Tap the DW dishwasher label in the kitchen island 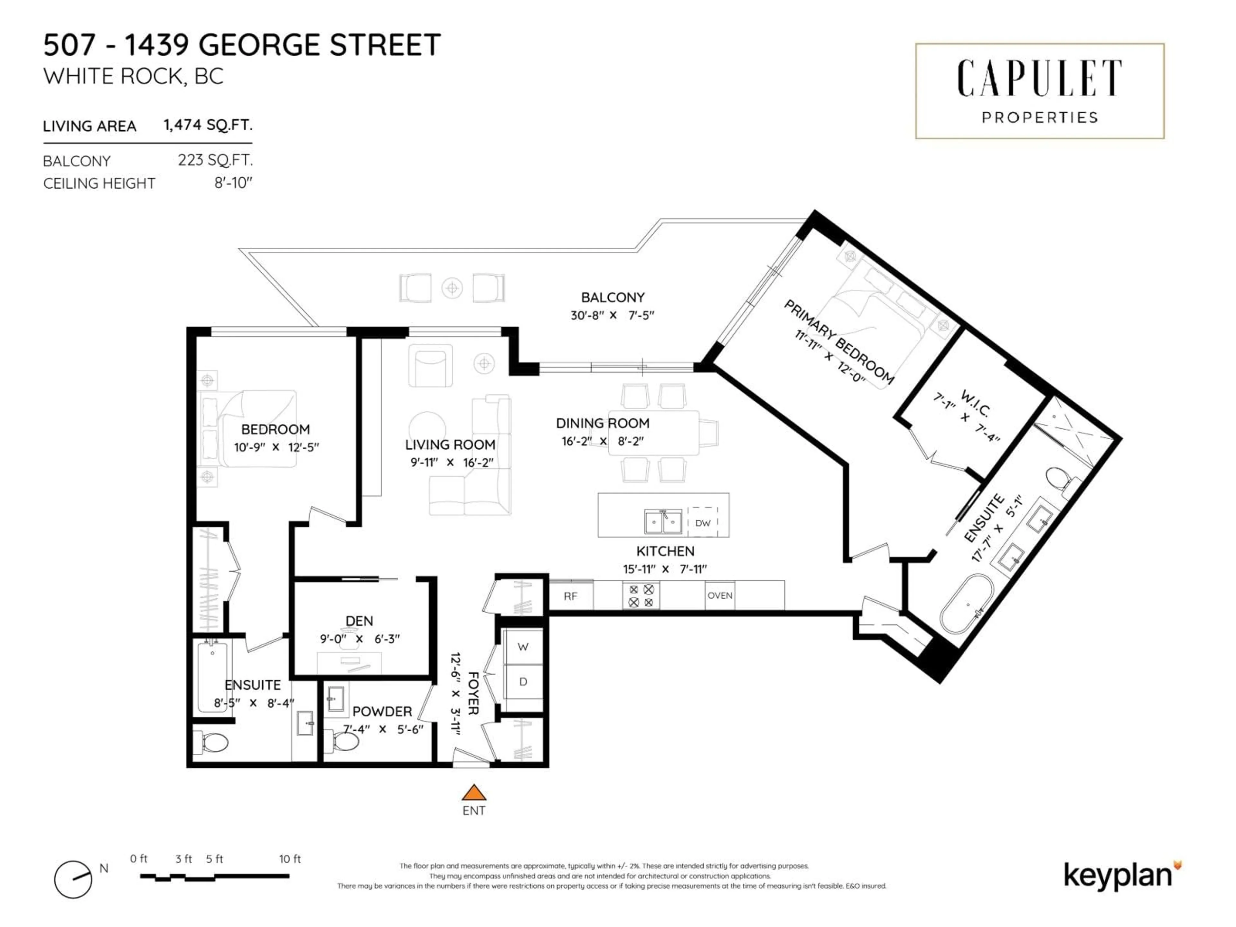(702, 523)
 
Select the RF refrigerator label (570, 596)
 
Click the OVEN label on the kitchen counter (720, 596)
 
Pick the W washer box (523, 647)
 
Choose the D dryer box (523, 682)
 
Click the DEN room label (359, 621)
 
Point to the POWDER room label (382, 711)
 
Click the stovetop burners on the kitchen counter (641, 596)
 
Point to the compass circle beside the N (73, 879)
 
